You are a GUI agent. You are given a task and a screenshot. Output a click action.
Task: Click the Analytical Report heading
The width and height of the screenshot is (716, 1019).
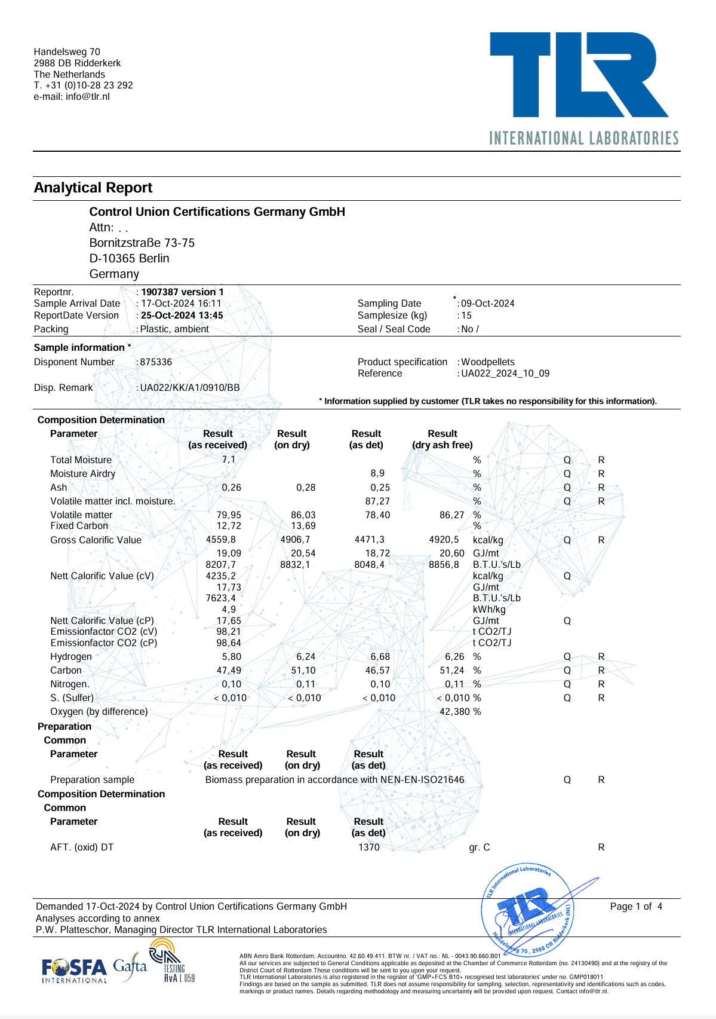93,188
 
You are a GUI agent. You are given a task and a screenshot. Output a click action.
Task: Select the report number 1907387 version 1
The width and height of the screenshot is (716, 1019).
182,292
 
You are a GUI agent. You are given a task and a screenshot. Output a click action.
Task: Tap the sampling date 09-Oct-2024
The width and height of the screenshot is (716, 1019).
487,304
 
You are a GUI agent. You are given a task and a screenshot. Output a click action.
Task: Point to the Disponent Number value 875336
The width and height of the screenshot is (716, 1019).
156,362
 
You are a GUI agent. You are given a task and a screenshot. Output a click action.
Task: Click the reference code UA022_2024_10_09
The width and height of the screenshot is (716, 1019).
505,374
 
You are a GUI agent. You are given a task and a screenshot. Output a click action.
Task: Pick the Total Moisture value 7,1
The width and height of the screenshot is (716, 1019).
229,460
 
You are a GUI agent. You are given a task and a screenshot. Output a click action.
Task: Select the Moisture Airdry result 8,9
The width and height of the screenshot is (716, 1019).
377,473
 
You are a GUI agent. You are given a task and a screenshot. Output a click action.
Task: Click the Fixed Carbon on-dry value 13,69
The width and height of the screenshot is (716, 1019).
303,526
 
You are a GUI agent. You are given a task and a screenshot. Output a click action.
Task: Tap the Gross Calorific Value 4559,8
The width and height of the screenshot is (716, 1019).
221,540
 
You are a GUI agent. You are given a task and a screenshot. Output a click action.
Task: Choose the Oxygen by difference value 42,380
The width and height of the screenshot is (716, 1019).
455,712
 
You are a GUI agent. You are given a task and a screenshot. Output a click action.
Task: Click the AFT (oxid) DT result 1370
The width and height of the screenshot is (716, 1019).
369,847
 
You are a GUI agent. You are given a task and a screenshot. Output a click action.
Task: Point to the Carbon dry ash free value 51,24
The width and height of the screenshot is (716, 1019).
452,671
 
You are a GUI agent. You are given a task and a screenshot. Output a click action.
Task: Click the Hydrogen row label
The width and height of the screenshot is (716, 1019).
71,657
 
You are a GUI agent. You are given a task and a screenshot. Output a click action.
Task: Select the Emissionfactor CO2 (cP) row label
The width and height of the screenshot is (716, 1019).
104,643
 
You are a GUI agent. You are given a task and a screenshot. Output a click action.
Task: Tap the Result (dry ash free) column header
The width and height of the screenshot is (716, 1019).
442,439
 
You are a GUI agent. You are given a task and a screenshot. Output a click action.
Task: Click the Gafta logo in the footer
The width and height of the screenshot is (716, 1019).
130,966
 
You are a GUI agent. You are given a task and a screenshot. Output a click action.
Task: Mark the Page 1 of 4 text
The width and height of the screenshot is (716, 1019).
636,907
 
